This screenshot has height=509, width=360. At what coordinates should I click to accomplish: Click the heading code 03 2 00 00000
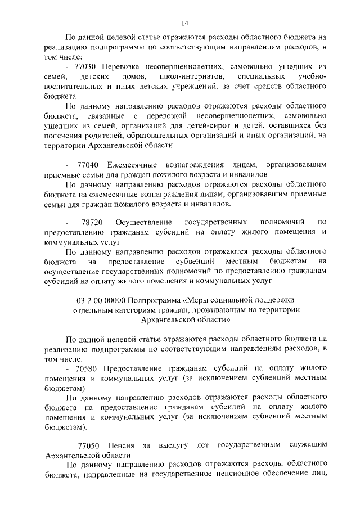click(x=101, y=300)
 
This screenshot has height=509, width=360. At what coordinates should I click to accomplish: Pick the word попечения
click(x=63, y=135)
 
